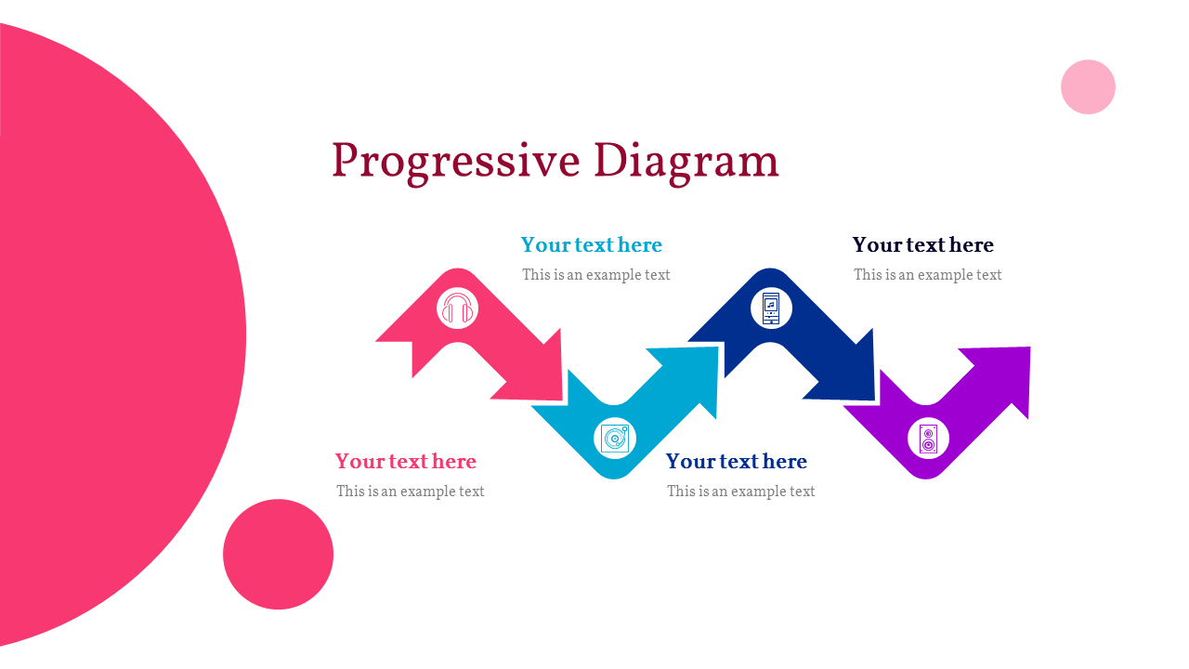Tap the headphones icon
pyautogui.click(x=458, y=308)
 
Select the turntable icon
pyautogui.click(x=615, y=439)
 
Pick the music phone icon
pyautogui.click(x=771, y=308)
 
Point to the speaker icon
pyautogui.click(x=928, y=439)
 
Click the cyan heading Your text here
pyautogui.click(x=592, y=244)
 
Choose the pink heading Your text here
pyautogui.click(x=406, y=461)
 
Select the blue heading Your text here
pyautogui.click(x=737, y=461)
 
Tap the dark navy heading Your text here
pyautogui.click(x=923, y=244)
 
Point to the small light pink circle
pyautogui.click(x=1088, y=87)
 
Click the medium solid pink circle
pyautogui.click(x=278, y=555)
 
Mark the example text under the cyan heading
pyautogui.click(x=596, y=274)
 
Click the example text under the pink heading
pyautogui.click(x=411, y=492)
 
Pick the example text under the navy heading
pyautogui.click(x=928, y=274)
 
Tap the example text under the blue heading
pyautogui.click(x=741, y=492)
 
